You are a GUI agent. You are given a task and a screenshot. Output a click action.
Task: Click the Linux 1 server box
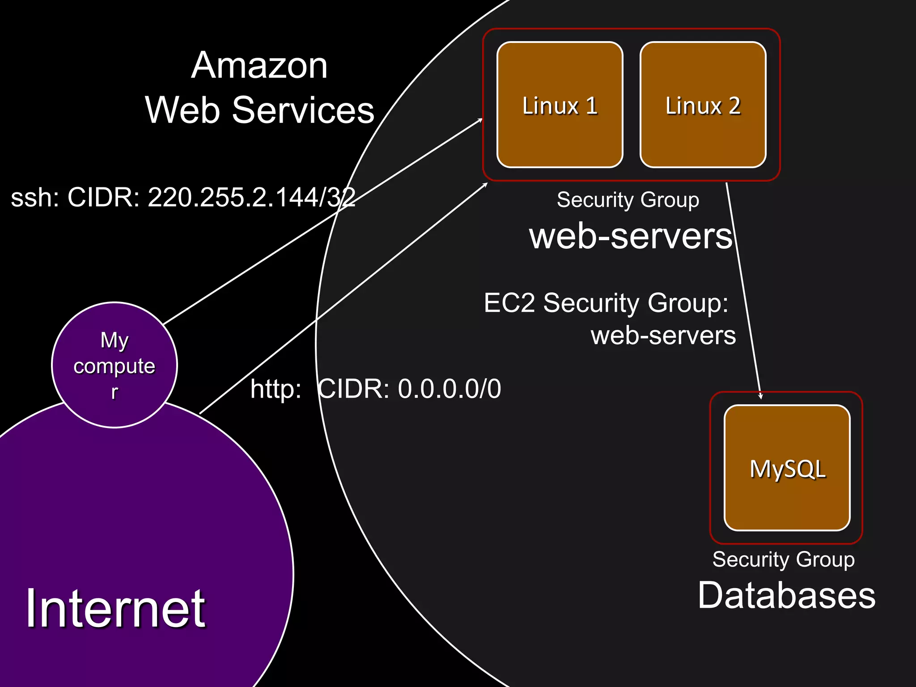(560, 105)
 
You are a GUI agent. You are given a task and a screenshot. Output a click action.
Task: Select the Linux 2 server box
(703, 105)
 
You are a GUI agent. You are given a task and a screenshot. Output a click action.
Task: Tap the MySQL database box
(787, 468)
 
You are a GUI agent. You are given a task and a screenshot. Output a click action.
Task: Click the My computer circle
(114, 365)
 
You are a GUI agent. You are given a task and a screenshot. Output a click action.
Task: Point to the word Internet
(115, 608)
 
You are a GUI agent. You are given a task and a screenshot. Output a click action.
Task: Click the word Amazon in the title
(259, 65)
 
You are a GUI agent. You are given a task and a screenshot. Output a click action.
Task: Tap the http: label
(276, 389)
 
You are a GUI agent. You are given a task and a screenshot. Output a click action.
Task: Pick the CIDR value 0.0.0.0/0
(449, 389)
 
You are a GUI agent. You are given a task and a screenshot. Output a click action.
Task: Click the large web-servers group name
(631, 236)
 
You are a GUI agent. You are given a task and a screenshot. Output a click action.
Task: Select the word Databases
(786, 596)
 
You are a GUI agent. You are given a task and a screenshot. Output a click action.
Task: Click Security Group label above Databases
(783, 560)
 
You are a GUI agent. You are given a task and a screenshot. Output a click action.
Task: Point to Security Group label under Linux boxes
(628, 199)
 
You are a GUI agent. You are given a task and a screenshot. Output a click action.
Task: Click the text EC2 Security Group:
(606, 303)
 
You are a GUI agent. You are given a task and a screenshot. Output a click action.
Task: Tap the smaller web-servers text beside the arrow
(663, 335)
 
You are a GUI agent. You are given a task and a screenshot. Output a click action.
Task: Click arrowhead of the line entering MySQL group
(760, 396)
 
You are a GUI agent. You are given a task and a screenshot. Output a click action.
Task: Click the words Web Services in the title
(259, 110)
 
